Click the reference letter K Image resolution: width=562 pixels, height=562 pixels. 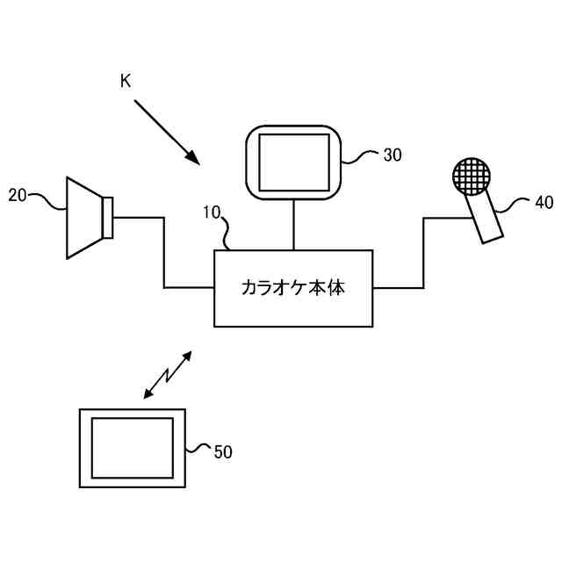pyautogui.click(x=126, y=81)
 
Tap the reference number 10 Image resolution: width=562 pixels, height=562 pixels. pyautogui.click(x=212, y=212)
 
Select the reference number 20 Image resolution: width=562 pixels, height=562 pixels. pyautogui.click(x=18, y=195)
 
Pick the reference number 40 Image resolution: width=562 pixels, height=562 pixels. pyautogui.click(x=544, y=203)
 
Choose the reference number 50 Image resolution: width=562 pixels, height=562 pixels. pyautogui.click(x=223, y=452)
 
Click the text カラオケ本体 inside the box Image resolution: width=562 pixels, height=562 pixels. pyautogui.click(x=292, y=288)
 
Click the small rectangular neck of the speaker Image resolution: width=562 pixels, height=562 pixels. pyautogui.click(x=108, y=217)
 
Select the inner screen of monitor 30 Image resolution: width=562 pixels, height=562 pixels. pyautogui.click(x=292, y=162)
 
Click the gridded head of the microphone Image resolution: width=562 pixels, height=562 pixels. pyautogui.click(x=470, y=176)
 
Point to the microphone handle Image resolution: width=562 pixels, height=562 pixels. pyautogui.click(x=486, y=218)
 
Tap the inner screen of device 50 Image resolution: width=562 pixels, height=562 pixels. pyautogui.click(x=132, y=447)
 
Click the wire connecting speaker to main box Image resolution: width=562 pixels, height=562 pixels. pyautogui.click(x=163, y=255)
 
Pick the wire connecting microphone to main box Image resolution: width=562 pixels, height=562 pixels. pyautogui.click(x=423, y=255)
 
